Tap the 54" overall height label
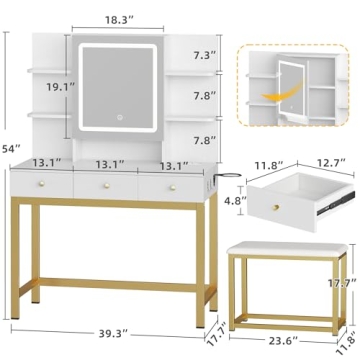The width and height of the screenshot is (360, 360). point(9,123)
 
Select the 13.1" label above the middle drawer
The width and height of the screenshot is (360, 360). point(109,165)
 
